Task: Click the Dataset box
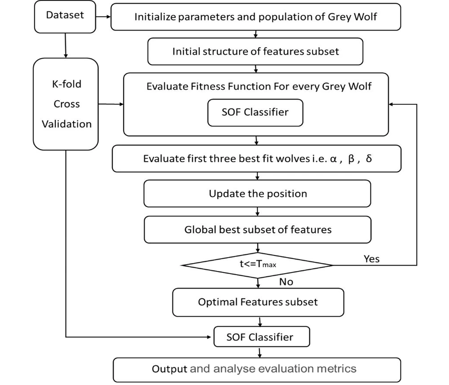coord(65,17)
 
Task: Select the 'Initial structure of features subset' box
coord(255,52)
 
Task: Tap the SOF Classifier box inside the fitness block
coord(255,113)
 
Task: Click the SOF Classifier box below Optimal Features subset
coord(262,337)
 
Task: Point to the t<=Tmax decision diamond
coord(257,265)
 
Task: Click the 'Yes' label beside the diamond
coord(372,259)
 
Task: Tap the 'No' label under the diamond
coord(286,282)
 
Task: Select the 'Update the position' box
coord(257,194)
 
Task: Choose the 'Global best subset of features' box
coord(258,230)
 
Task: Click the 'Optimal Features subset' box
coord(258,302)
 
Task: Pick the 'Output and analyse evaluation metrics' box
coord(257,370)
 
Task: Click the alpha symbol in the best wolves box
coord(333,159)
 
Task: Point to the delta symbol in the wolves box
coord(369,159)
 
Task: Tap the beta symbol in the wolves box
coord(352,159)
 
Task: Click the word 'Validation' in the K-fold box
coord(67,124)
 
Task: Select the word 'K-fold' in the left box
coord(67,84)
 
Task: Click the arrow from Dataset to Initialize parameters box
coord(103,17)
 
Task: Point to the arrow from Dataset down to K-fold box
coord(66,45)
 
